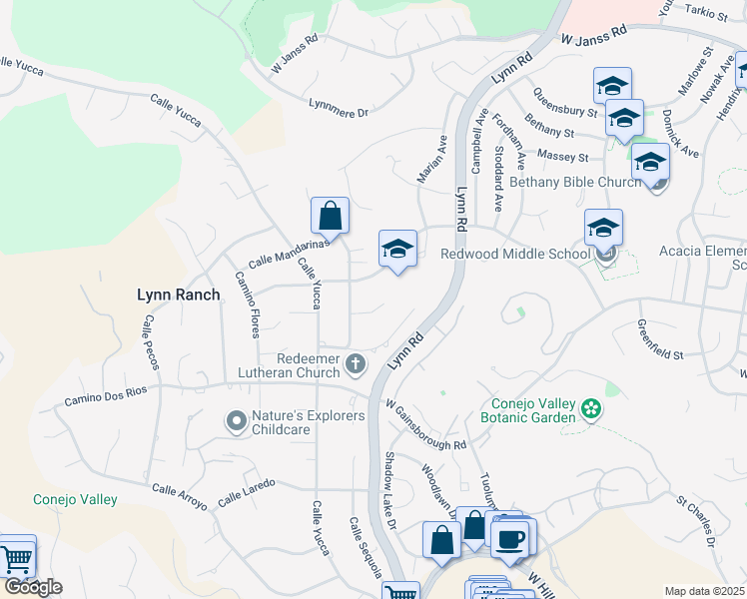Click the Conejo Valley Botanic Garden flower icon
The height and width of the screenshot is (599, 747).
[x=591, y=408]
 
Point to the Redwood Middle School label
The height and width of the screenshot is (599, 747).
[x=515, y=255]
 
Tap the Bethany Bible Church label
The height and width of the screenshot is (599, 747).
[x=575, y=183]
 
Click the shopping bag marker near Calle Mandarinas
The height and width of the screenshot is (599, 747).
[x=330, y=216]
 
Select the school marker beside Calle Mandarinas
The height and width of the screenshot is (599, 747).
[x=397, y=250]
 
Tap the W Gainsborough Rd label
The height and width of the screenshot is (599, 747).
[x=426, y=425]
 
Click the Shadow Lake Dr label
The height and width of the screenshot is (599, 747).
[x=390, y=491]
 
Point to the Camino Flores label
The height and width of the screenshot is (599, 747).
[x=248, y=304]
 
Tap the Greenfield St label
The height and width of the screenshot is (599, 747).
[x=661, y=339]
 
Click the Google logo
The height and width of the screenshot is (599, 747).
[x=32, y=587]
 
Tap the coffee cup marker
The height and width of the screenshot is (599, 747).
[x=510, y=539]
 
